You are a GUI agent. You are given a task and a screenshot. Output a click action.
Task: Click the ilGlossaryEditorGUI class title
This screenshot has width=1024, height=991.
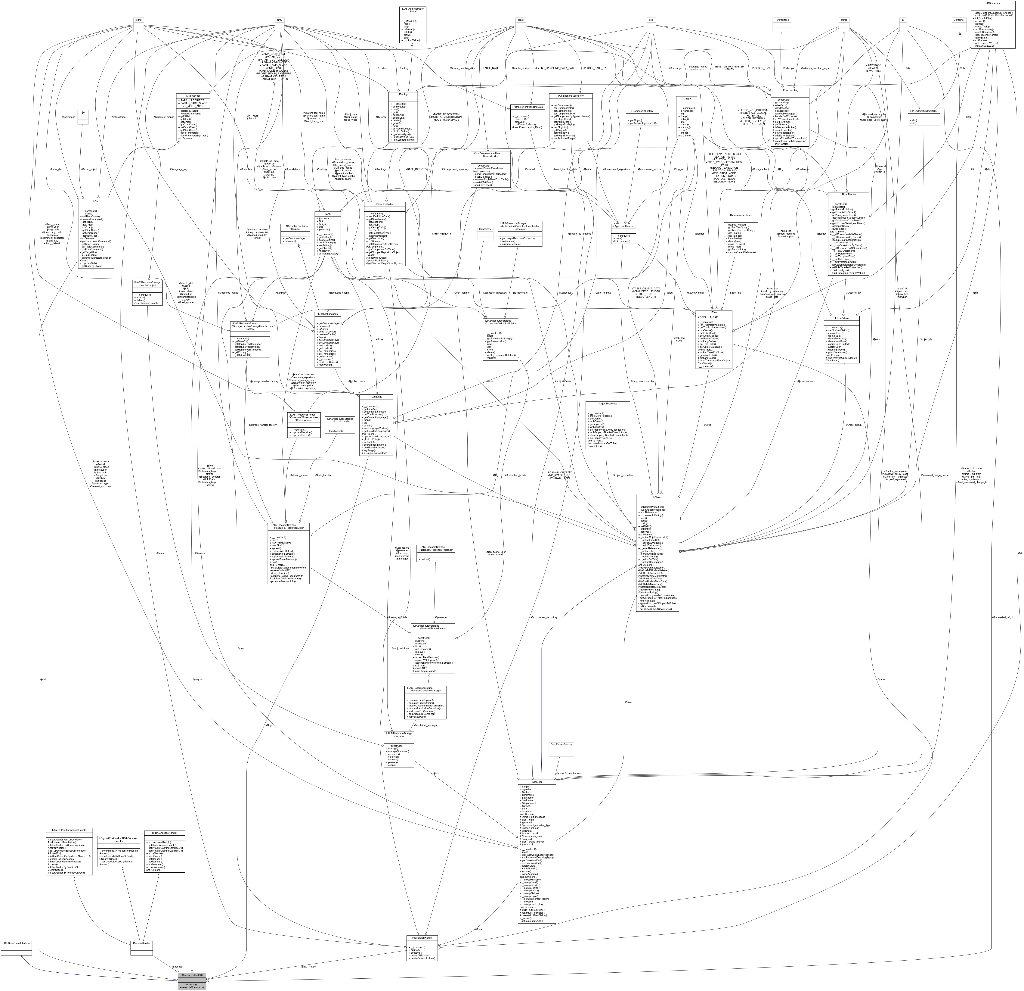coord(192,975)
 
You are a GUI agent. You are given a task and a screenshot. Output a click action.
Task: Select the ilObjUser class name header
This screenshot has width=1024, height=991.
coord(537,782)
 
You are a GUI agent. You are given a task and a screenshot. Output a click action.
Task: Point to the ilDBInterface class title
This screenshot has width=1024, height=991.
coord(993,3)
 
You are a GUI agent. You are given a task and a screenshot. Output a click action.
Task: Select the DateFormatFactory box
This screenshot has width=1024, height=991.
coord(561,744)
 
